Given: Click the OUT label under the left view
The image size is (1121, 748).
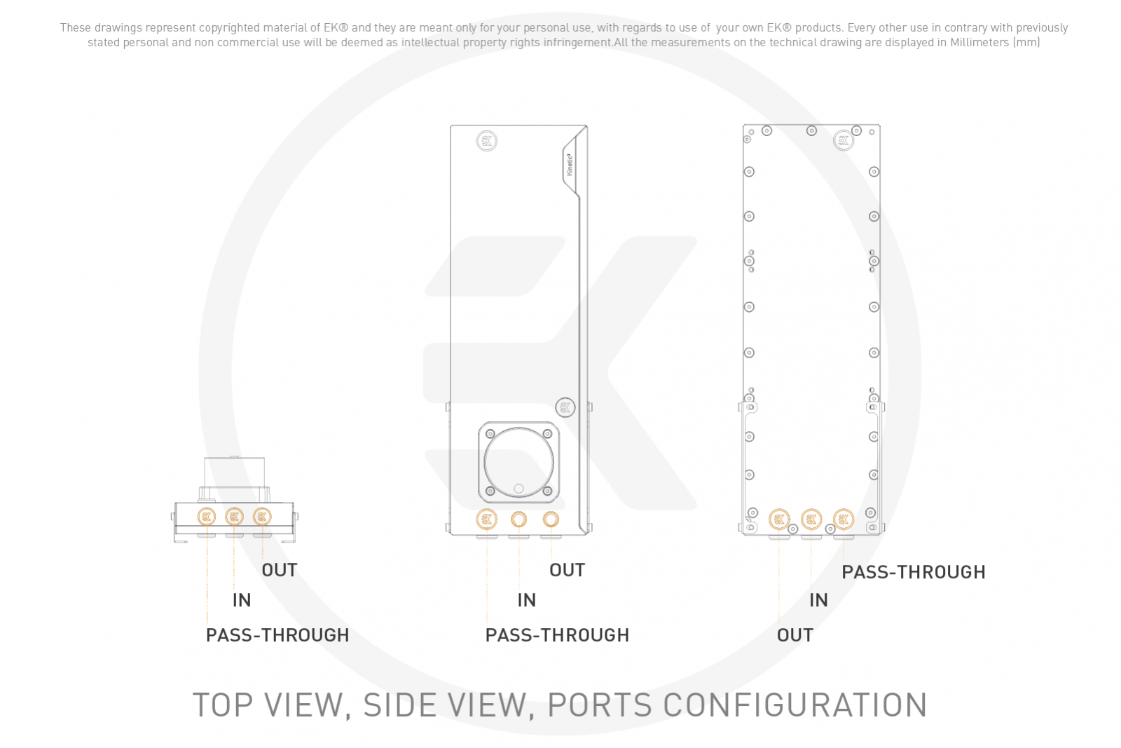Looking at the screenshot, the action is (280, 570).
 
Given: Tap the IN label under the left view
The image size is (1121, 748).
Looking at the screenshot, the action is (242, 600).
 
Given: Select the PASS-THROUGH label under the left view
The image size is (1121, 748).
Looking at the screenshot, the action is (277, 635).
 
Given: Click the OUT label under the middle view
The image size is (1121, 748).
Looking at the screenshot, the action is (567, 570).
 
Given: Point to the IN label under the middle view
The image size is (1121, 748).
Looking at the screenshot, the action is (526, 600).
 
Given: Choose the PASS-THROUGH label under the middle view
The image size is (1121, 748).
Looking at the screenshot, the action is (557, 635).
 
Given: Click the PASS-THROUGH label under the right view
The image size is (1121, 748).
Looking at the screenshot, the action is (914, 572).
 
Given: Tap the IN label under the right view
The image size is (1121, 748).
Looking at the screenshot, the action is (819, 600).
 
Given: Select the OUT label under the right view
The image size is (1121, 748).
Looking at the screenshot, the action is (795, 635).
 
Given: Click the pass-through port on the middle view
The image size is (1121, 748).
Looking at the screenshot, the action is (486, 519).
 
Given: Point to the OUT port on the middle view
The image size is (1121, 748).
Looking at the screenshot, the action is (551, 519).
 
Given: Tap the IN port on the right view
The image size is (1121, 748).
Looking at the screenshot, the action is (811, 519).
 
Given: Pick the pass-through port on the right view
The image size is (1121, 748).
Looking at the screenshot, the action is (844, 519).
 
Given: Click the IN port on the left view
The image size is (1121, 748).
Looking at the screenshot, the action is (234, 517).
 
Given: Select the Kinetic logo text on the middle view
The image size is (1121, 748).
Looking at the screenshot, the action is (570, 165).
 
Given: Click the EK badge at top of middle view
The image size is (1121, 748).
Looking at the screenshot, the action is (486, 141).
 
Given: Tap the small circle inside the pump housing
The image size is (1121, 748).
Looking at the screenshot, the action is (519, 488).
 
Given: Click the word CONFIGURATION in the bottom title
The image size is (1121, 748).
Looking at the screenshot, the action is (795, 705).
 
